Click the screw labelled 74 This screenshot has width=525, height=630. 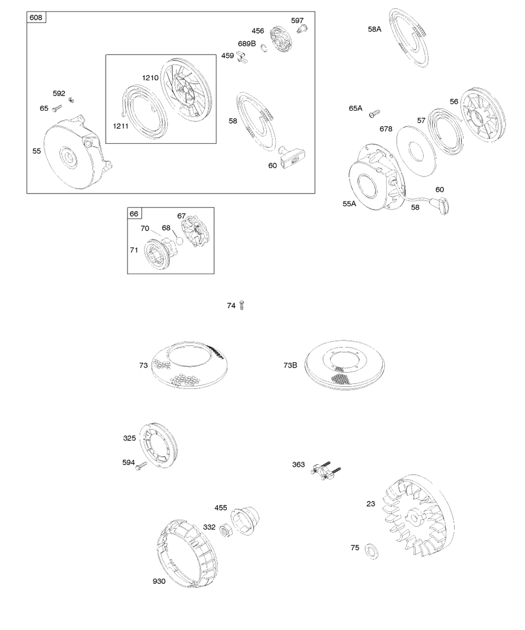[241, 305]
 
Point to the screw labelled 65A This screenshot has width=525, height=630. [374, 113]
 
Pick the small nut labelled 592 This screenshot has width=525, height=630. [71, 100]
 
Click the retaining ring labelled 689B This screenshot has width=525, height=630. [264, 48]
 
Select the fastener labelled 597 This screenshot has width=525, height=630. [302, 29]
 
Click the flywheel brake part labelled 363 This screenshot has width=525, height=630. [325, 471]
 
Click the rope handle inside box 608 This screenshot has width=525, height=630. [292, 156]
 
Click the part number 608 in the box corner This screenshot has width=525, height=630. [36, 18]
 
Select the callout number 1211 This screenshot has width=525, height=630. [121, 126]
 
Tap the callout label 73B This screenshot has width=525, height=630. [290, 365]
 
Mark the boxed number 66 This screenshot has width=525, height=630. [134, 214]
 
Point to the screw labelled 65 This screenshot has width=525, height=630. [57, 108]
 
